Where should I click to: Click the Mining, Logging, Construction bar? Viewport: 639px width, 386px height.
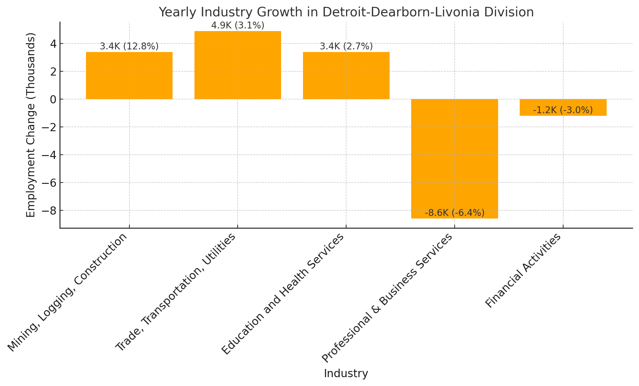(129, 76)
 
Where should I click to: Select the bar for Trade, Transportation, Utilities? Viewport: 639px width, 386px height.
(238, 65)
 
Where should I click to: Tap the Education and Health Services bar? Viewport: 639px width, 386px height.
(346, 76)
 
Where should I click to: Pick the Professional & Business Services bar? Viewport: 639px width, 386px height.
(454, 159)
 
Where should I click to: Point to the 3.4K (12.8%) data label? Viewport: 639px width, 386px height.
(129, 46)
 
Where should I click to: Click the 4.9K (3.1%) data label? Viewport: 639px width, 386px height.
(238, 26)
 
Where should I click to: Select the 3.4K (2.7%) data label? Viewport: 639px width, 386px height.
(346, 46)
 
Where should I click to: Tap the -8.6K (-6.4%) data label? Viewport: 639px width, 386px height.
(454, 213)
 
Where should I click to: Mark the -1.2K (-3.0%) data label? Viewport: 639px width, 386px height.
(563, 110)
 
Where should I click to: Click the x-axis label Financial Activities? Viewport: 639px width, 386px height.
(523, 271)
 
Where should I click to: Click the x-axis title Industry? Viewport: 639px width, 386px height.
(346, 374)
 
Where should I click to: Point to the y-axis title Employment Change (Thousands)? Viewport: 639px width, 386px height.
(30, 125)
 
